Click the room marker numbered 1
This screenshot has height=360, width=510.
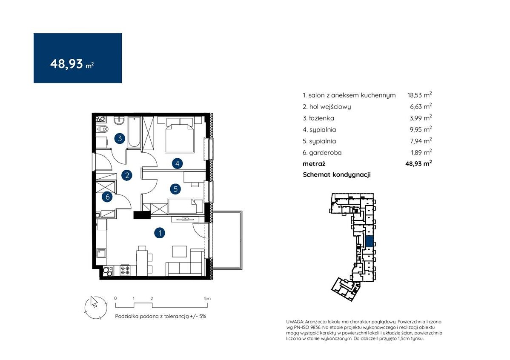click(x=160, y=233)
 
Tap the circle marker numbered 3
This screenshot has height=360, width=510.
click(x=120, y=139)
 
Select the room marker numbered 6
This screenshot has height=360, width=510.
click(x=107, y=197)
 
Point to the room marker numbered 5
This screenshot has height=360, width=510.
click(x=176, y=189)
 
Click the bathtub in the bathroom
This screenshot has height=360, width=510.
click(x=134, y=132)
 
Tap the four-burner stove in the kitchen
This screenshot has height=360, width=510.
click(x=125, y=270)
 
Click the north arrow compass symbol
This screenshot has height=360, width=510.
click(x=96, y=307)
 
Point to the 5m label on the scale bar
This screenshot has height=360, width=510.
click(x=207, y=298)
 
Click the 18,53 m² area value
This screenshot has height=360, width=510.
click(x=420, y=95)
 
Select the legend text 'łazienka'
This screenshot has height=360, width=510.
click(x=322, y=118)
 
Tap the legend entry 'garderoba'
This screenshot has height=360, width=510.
click(x=325, y=152)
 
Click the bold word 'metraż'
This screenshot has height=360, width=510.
click(x=314, y=163)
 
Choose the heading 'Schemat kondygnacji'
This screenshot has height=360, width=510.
click(x=337, y=174)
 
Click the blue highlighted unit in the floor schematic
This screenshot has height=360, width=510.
click(x=369, y=241)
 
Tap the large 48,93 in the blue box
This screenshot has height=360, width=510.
click(x=66, y=64)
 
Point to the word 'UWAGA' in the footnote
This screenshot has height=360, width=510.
click(x=295, y=322)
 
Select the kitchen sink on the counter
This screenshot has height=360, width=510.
click(x=101, y=253)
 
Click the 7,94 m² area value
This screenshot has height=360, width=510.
click(x=421, y=141)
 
